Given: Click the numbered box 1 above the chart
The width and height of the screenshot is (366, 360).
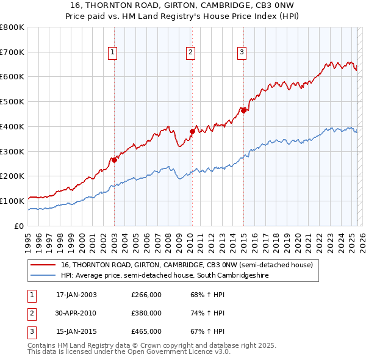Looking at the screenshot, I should (113, 53).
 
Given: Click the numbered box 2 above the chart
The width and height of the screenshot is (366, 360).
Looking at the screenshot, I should (191, 53).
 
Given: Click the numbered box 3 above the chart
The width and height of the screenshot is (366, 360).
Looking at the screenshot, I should (242, 53).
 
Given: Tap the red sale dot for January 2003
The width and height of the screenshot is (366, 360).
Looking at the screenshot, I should (114, 160).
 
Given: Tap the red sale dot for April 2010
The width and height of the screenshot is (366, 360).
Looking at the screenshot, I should (192, 131).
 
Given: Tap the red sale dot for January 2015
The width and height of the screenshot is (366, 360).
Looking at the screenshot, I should (243, 110).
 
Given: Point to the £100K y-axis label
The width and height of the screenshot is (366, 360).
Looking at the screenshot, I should (12, 201).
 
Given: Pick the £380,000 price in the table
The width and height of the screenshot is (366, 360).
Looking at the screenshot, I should (146, 313).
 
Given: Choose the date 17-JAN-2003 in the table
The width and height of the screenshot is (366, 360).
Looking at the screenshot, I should (76, 295).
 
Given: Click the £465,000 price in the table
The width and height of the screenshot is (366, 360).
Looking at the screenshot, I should (146, 331).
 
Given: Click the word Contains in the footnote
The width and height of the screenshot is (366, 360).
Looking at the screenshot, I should (42, 345).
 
